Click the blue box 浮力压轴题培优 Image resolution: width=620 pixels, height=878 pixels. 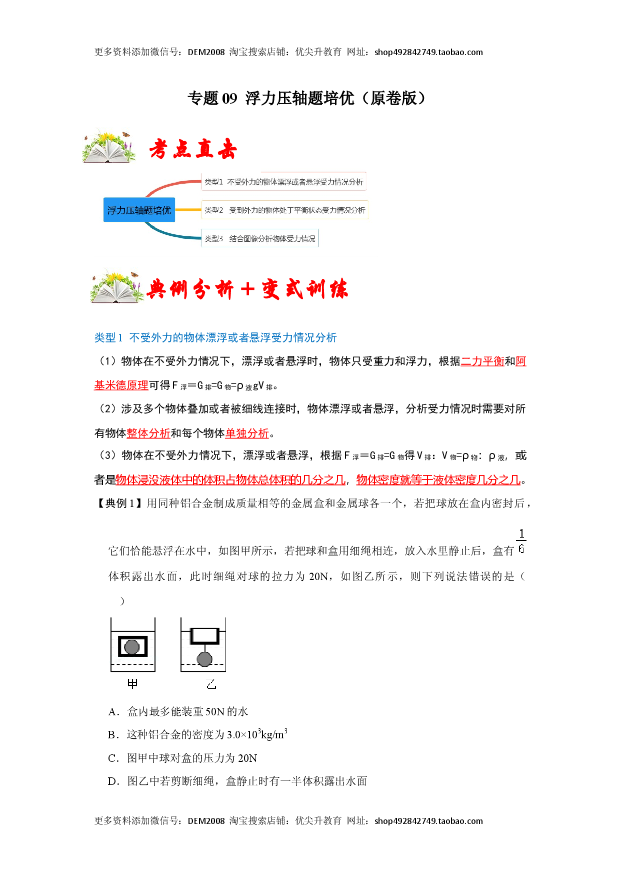pyautogui.click(x=139, y=210)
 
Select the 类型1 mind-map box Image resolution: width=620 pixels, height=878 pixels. pyautogui.click(x=284, y=182)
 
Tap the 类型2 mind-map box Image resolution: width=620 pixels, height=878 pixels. pyautogui.click(x=284, y=210)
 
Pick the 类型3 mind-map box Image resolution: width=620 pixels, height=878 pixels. pyautogui.click(x=260, y=238)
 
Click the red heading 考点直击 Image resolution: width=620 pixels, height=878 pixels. pyautogui.click(x=193, y=149)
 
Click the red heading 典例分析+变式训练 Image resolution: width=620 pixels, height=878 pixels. pyautogui.click(x=247, y=289)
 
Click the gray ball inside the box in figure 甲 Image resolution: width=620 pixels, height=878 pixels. pyautogui.click(x=132, y=647)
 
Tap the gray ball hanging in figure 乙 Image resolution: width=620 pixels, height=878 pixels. pyautogui.click(x=204, y=659)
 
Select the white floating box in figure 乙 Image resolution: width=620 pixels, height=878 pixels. pyautogui.click(x=205, y=636)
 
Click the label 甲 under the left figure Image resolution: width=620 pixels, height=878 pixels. pyautogui.click(x=132, y=684)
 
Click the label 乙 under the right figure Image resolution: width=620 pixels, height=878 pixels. pyautogui.click(x=211, y=684)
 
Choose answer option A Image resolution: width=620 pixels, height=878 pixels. pyautogui.click(x=178, y=711)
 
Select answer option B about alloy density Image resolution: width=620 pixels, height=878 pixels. pyautogui.click(x=197, y=734)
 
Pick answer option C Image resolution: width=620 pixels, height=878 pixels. pyautogui.click(x=182, y=758)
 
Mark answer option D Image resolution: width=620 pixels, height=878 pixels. pyautogui.click(x=237, y=781)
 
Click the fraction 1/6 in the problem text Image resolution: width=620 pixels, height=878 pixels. pyautogui.click(x=521, y=541)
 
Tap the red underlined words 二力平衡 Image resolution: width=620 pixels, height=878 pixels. pyautogui.click(x=482, y=361)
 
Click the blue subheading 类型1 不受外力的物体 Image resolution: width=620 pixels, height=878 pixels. pyautogui.click(x=215, y=338)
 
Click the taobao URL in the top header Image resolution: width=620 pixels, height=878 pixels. pyautogui.click(x=428, y=52)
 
